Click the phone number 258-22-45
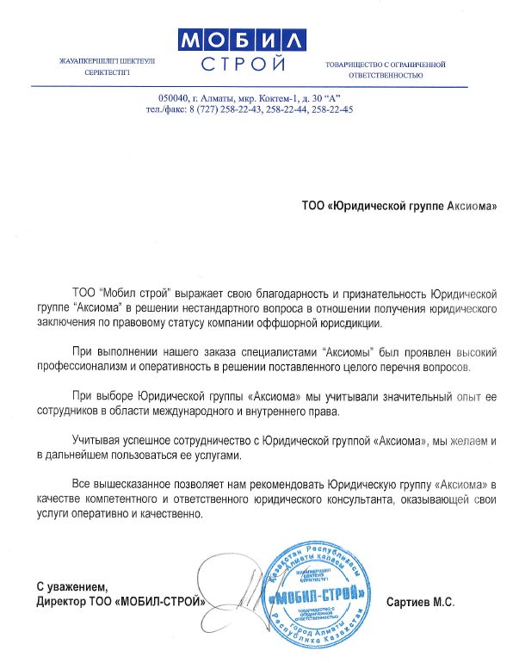pyautogui.click(x=331, y=110)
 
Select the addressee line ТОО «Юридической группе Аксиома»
pyautogui.click(x=399, y=207)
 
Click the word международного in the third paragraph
pyautogui.click(x=212, y=411)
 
